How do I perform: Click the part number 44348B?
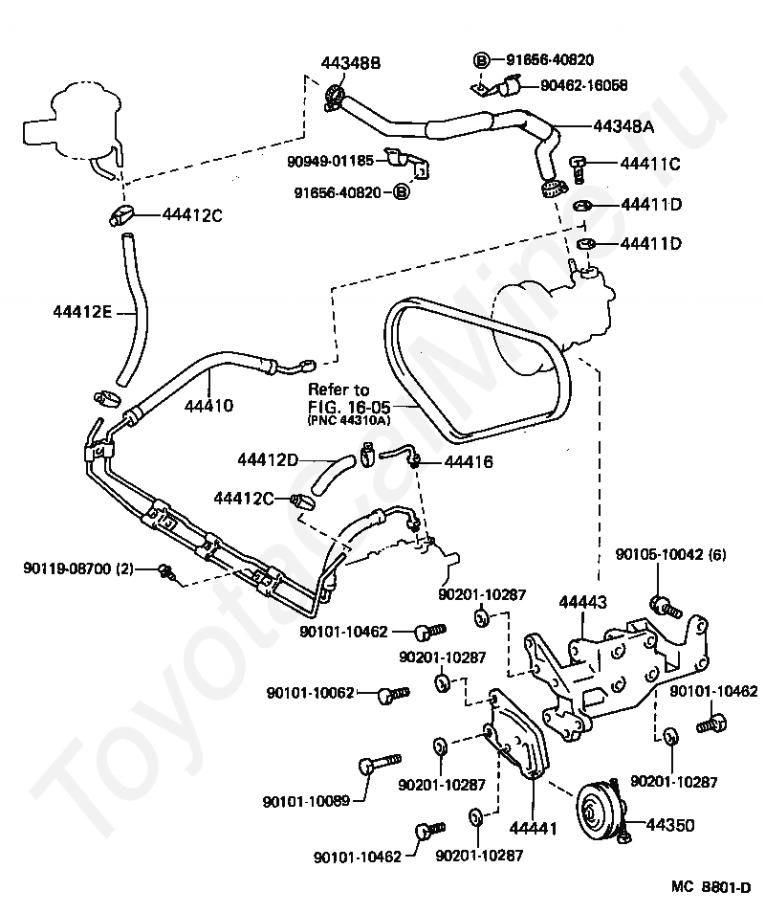coord(351,62)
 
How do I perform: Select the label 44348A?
coord(623,125)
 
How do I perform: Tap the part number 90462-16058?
coord(584,85)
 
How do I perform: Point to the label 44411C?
coord(650,164)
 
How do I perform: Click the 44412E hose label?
coord(82,312)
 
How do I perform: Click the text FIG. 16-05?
coord(349,406)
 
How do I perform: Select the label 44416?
coord(469,461)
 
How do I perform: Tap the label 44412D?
coord(268,460)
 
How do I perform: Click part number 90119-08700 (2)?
coord(78,568)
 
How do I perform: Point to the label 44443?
coord(583,602)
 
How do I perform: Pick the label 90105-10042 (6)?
coord(670,554)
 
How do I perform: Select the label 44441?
coord(533,828)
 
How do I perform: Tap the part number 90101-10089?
coord(307,802)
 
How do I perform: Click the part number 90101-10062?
coord(311,693)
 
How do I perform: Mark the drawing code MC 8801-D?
coord(710,887)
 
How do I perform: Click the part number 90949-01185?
coord(331,161)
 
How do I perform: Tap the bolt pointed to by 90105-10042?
coord(665,608)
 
